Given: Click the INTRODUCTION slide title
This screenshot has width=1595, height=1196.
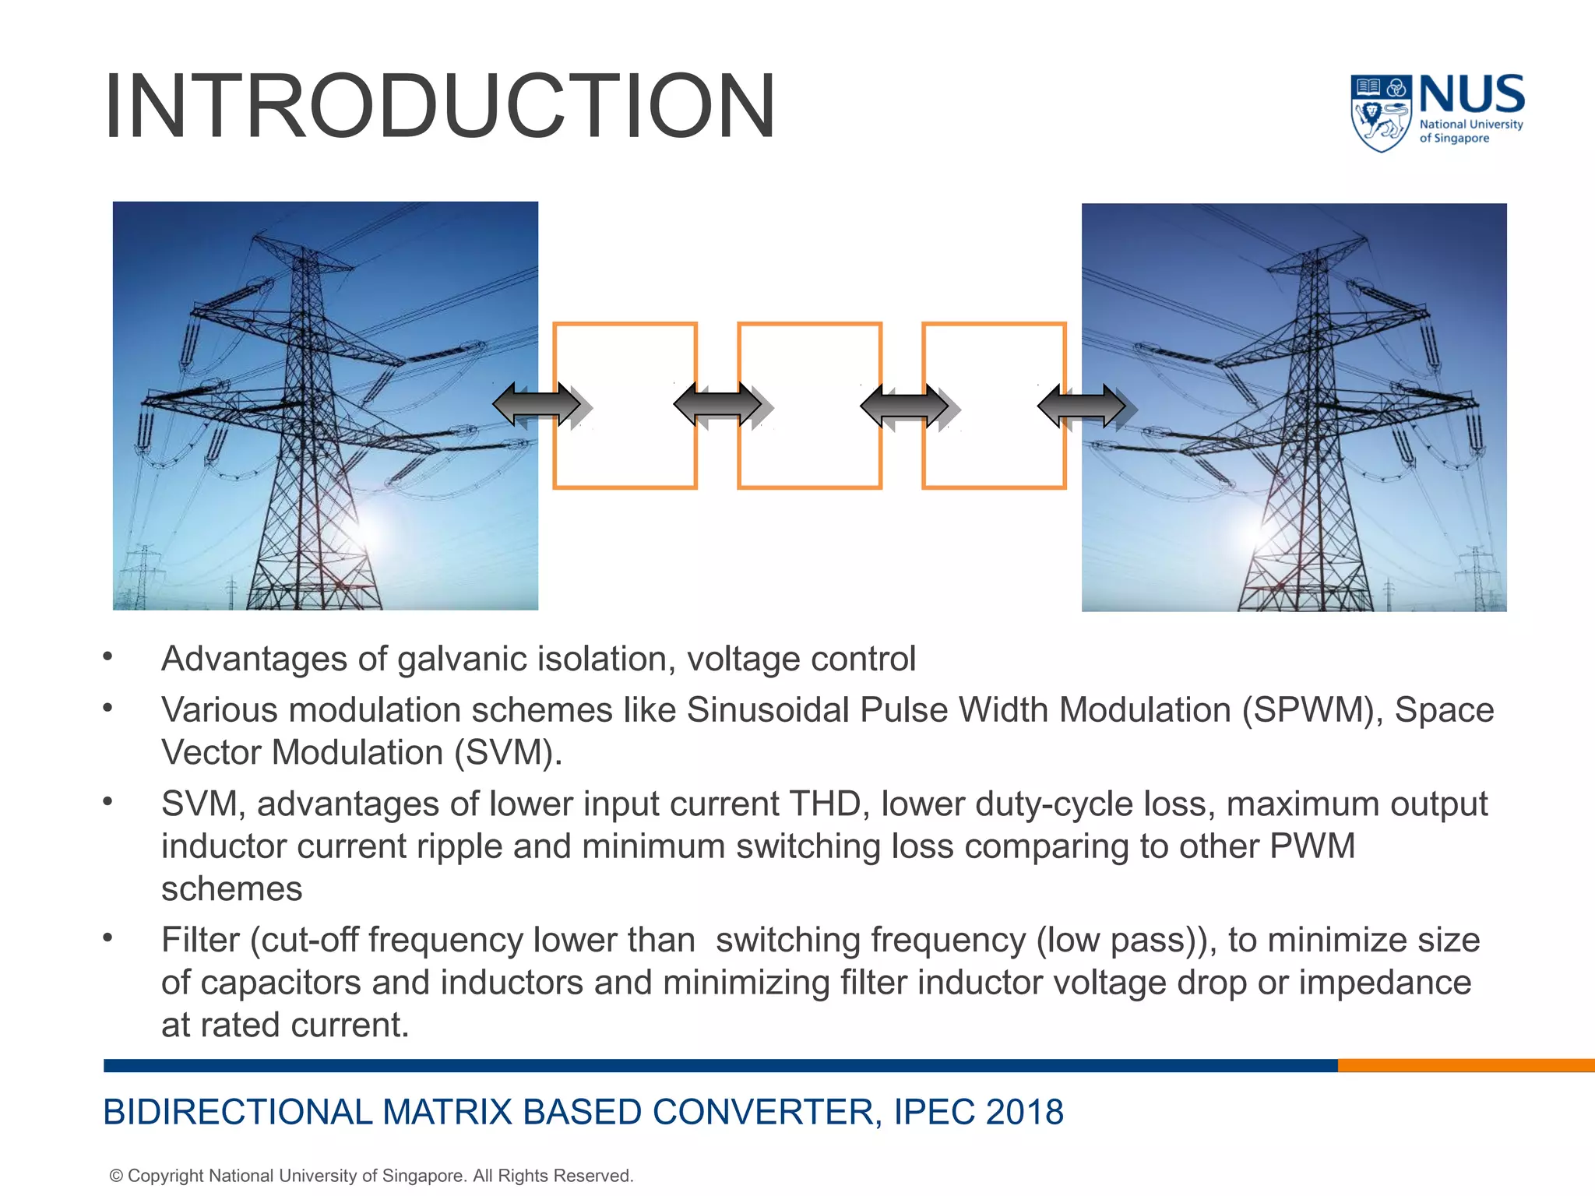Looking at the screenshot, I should click(439, 106).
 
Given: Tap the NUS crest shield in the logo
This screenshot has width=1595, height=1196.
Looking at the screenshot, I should click(1380, 114).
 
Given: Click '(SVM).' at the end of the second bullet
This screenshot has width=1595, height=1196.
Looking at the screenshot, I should click(508, 753).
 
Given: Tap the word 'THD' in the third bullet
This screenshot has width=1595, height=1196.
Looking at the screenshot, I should click(825, 804).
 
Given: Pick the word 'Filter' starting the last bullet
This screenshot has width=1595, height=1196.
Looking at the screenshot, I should click(200, 940).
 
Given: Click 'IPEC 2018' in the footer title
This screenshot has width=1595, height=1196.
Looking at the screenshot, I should click(978, 1111).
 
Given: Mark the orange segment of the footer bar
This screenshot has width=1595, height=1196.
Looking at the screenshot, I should click(1464, 1065).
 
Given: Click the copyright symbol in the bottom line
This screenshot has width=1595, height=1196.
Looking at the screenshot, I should click(116, 1176).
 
